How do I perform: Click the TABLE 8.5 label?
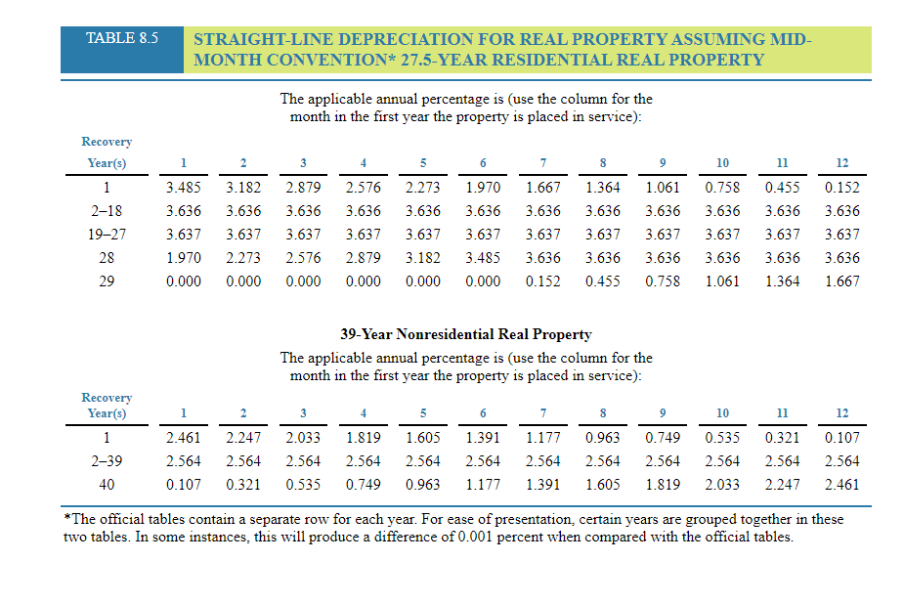[121, 39]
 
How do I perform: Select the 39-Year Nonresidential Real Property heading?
[465, 334]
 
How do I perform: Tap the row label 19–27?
[107, 234]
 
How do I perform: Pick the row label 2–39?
[107, 461]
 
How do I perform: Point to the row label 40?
[107, 484]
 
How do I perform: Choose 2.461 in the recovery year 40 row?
[841, 484]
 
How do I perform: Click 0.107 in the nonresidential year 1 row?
[841, 438]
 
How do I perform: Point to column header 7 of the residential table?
[542, 162]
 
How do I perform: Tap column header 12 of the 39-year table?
[841, 413]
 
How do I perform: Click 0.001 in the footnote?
[478, 538]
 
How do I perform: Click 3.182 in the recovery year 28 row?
[423, 257]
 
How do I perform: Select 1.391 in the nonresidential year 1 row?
[483, 438]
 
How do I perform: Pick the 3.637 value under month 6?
[483, 234]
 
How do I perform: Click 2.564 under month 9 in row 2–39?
[663, 461]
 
